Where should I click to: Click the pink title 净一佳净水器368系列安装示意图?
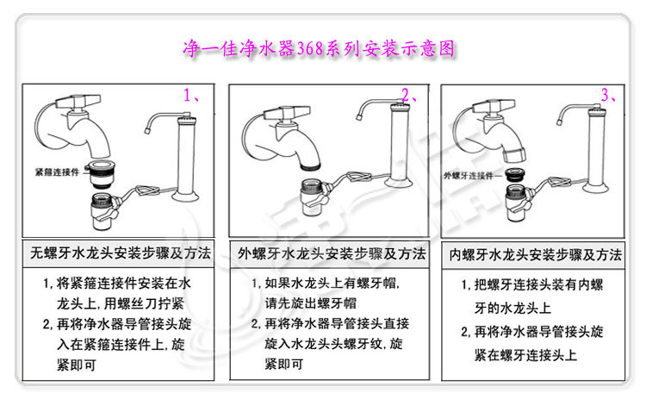tap(319, 48)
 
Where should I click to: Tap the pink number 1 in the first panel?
tap(188, 96)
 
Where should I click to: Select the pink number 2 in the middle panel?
tap(406, 96)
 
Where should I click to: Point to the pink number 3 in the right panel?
tap(606, 95)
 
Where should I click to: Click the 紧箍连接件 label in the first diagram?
tap(57, 171)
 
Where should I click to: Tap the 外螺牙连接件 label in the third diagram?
tap(469, 176)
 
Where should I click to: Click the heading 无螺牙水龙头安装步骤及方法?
tap(121, 252)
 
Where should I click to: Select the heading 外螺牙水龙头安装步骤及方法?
tap(332, 253)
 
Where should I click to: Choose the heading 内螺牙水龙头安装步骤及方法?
tap(535, 255)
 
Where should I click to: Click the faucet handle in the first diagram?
tap(78, 102)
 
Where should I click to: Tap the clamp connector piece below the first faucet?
tap(100, 174)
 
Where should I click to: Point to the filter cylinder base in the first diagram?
tap(185, 195)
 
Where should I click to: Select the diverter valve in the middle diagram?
tap(314, 197)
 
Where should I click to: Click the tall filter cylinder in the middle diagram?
tap(399, 144)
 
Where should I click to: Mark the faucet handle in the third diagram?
tap(494, 106)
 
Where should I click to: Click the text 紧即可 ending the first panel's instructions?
tap(76, 365)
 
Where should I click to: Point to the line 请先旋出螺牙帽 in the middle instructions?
tap(311, 304)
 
